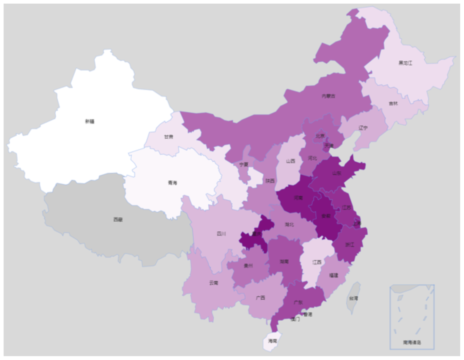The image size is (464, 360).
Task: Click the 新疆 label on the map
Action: pyautogui.click(x=90, y=121)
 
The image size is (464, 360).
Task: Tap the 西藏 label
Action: pyautogui.click(x=118, y=220)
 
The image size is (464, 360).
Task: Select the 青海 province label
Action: pyautogui.click(x=172, y=183)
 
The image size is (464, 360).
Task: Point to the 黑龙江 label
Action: pyautogui.click(x=405, y=63)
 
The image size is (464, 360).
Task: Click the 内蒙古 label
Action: pyautogui.click(x=328, y=96)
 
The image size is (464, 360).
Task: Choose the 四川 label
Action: pyautogui.click(x=221, y=234)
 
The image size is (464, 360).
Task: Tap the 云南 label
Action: pyautogui.click(x=214, y=283)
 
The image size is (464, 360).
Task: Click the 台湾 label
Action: pyautogui.click(x=353, y=298)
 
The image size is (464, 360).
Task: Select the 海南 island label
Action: pyautogui.click(x=273, y=341)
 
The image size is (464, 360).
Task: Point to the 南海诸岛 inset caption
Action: pyautogui.click(x=412, y=342)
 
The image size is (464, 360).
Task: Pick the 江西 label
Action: pyautogui.click(x=317, y=262)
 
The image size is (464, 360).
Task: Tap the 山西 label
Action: pyautogui.click(x=290, y=161)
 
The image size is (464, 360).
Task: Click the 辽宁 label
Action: pyautogui.click(x=363, y=128)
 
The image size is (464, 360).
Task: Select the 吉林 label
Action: pyautogui.click(x=393, y=103)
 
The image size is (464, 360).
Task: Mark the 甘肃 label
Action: pyautogui.click(x=169, y=137)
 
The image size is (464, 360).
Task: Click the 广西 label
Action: pyautogui.click(x=260, y=298)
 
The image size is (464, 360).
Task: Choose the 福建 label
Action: pyautogui.click(x=334, y=275)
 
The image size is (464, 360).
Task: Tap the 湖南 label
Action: pyautogui.click(x=284, y=261)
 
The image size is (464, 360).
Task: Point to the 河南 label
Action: pyautogui.click(x=298, y=198)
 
